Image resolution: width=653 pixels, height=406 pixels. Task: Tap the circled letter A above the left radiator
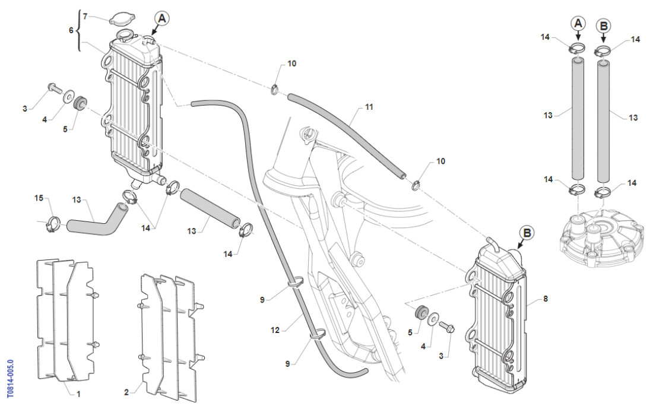click(161, 18)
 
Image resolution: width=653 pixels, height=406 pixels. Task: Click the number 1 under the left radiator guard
click(79, 392)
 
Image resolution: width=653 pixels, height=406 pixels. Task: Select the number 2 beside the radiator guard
click(126, 392)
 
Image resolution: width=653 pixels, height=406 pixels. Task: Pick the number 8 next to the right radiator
click(546, 299)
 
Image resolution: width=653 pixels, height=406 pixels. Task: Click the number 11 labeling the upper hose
click(369, 108)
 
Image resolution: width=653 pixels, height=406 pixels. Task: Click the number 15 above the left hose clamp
click(39, 198)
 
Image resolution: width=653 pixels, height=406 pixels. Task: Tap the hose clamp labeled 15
click(52, 224)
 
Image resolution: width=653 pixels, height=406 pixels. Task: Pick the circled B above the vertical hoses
click(603, 26)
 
